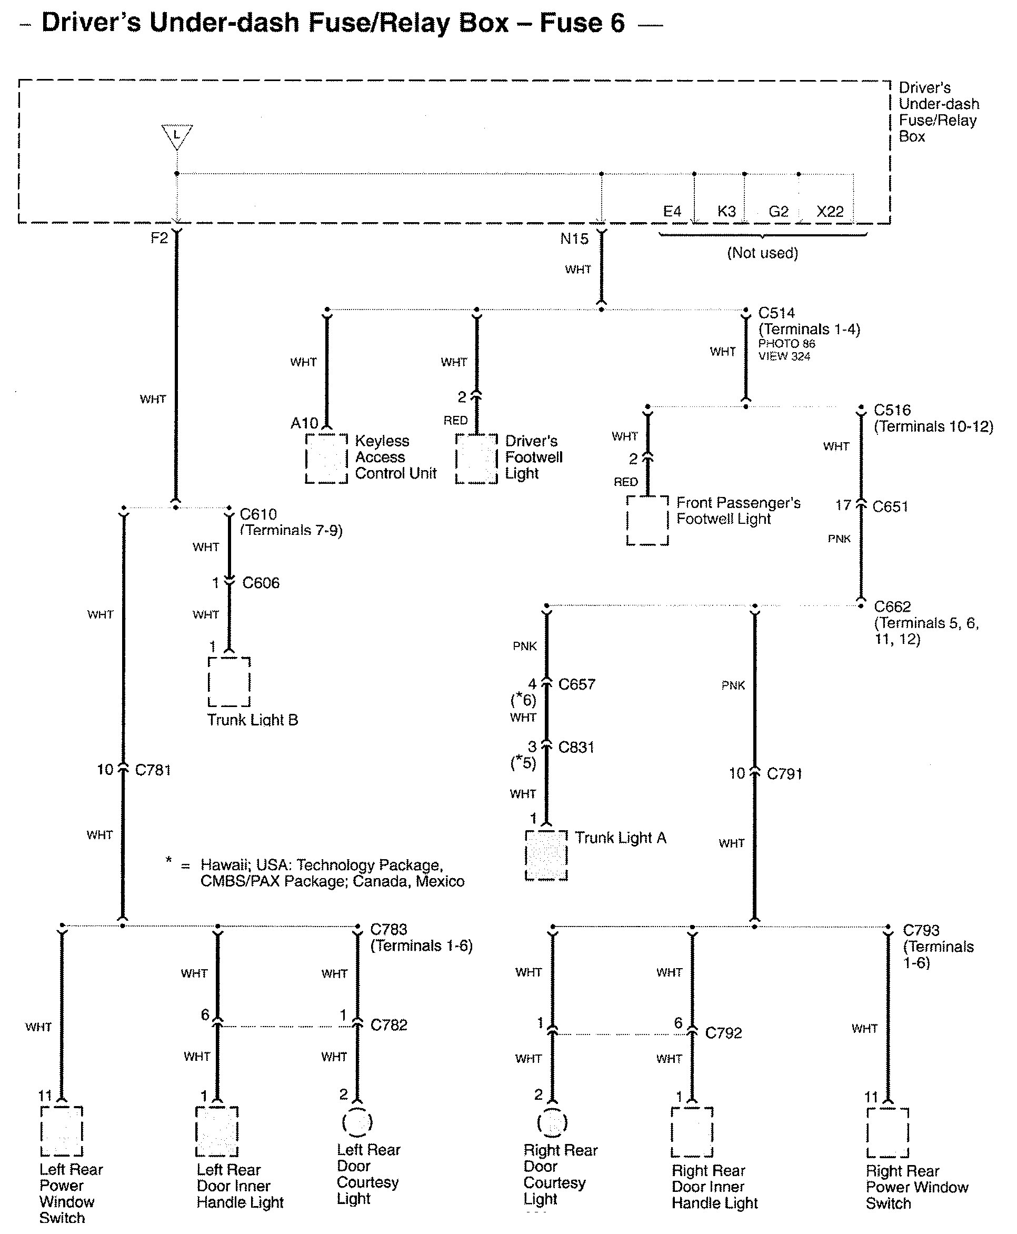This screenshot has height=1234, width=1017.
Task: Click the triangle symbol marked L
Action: [176, 136]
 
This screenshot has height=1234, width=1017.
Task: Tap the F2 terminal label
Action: [159, 238]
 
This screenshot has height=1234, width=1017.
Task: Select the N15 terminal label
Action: [574, 238]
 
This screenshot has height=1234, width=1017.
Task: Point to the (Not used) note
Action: [762, 253]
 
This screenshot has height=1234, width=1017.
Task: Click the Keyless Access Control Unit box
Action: [326, 459]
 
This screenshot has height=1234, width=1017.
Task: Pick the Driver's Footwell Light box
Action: [476, 459]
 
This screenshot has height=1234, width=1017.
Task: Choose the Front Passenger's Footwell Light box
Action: [647, 520]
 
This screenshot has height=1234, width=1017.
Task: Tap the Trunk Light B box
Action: [229, 681]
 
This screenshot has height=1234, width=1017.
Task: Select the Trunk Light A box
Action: [546, 855]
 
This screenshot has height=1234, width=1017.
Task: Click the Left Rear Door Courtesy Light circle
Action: [357, 1122]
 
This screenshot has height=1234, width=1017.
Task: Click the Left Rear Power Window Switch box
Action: [62, 1131]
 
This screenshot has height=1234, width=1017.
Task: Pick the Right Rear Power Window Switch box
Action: [888, 1132]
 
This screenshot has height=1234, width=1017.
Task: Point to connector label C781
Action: [152, 770]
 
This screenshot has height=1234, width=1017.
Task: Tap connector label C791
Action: [784, 774]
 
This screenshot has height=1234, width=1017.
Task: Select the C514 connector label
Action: [776, 313]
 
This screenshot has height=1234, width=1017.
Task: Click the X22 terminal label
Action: [830, 212]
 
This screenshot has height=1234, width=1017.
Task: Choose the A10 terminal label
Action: [304, 423]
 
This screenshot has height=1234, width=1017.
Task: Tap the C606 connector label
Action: [261, 583]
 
